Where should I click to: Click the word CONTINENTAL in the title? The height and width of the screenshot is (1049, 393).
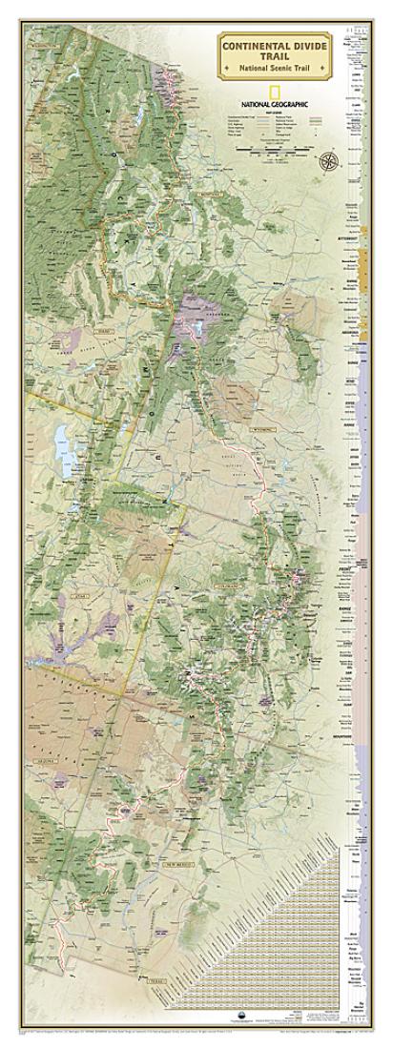264,44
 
